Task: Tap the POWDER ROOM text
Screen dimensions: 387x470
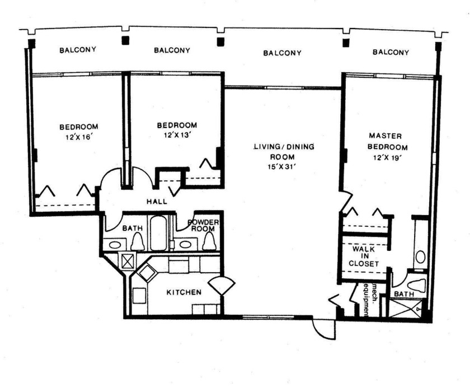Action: tap(206, 225)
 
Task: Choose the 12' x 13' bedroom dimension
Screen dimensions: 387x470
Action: tap(177, 135)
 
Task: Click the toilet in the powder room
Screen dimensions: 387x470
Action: tap(209, 241)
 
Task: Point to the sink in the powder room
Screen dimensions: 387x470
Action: tap(184, 244)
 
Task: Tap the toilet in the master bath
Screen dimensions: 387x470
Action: tap(417, 286)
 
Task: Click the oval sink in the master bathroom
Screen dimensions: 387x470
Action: tap(420, 257)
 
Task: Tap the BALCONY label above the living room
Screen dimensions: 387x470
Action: tap(283, 53)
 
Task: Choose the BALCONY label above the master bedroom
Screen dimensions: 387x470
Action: tap(391, 52)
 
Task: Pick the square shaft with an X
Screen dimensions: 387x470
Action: tap(127, 260)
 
